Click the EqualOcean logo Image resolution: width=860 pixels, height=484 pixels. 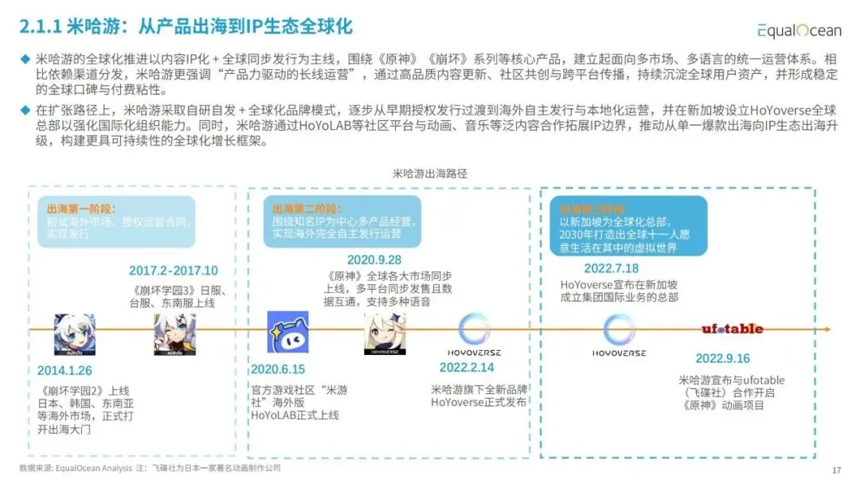click(x=799, y=30)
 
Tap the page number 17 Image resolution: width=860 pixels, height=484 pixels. click(x=836, y=470)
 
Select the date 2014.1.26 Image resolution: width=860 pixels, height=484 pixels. click(x=64, y=370)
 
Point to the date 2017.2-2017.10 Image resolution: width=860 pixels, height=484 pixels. click(x=173, y=271)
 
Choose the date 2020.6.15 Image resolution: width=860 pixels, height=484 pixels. click(x=278, y=369)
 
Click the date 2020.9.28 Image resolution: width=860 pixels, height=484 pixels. click(x=373, y=260)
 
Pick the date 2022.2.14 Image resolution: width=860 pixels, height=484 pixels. click(x=467, y=367)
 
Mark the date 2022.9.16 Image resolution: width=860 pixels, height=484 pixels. click(x=722, y=358)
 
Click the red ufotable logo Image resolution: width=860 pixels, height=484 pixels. click(x=732, y=329)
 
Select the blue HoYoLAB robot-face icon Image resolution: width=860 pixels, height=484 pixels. click(x=287, y=332)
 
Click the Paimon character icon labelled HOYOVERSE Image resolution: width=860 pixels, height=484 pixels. click(x=385, y=333)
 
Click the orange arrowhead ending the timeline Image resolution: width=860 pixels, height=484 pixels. click(x=826, y=330)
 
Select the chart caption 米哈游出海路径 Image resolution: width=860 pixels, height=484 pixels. click(x=430, y=173)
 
